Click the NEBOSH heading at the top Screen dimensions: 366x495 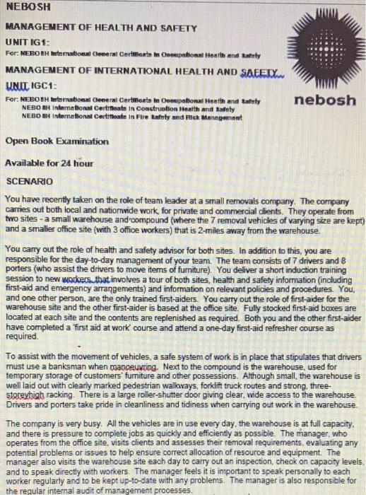pyautogui.click(x=29, y=8)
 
